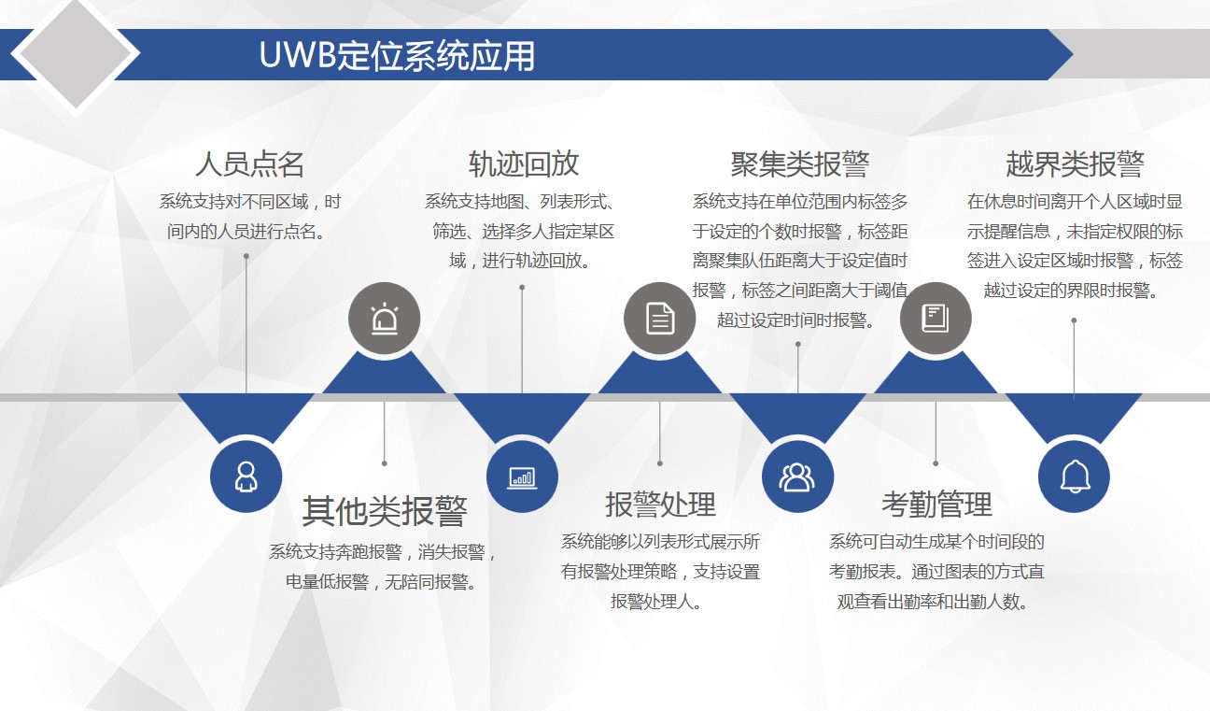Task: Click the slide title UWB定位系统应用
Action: point(397,55)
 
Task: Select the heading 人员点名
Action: point(249,164)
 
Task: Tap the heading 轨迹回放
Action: point(524,164)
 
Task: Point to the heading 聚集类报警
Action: point(799,164)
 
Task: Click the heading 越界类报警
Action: point(1075,164)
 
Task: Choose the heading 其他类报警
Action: point(384,511)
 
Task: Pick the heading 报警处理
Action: point(660,504)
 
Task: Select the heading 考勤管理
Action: point(936,504)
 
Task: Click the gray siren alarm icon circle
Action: point(384,319)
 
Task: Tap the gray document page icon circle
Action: point(659,319)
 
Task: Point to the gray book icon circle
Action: point(936,319)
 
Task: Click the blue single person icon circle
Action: point(246,476)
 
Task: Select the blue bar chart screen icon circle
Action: point(522,476)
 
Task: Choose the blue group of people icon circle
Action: point(797,476)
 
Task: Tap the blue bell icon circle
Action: point(1074,476)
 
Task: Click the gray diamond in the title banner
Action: point(76,53)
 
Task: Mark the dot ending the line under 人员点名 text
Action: point(246,256)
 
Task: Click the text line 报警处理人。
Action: point(655,602)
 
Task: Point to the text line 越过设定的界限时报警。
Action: point(1071,291)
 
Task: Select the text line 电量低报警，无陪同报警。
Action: point(381,582)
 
